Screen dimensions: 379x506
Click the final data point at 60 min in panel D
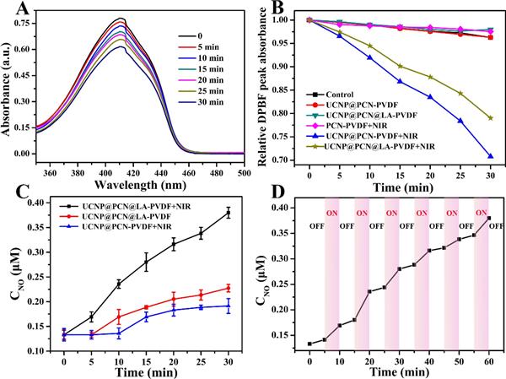click(x=488, y=218)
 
